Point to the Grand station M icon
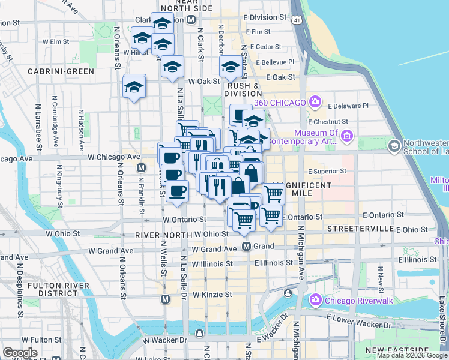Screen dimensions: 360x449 246,246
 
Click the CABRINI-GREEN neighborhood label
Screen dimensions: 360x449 61,71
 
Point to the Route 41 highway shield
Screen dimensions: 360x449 297,20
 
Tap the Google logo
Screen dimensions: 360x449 19,353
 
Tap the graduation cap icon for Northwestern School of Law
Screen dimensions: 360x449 394,146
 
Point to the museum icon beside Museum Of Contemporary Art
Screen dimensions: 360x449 347,138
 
